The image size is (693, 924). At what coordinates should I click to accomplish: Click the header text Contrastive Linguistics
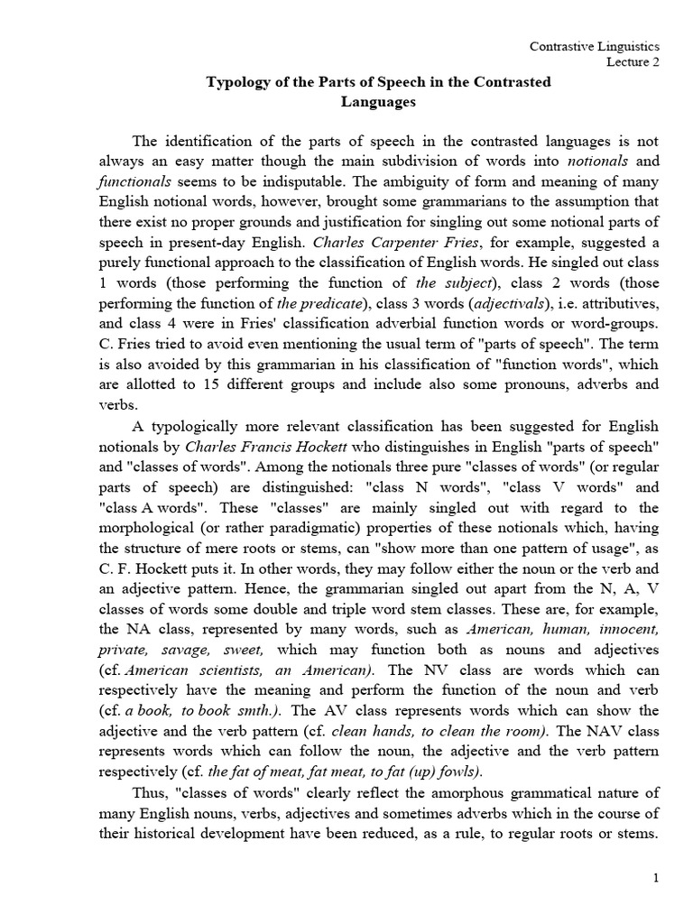[x=607, y=44]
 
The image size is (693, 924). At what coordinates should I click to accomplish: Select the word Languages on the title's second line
[x=378, y=102]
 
